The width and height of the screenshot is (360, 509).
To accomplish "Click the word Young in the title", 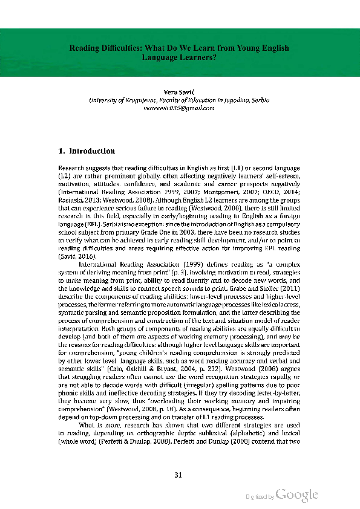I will coord(249,48).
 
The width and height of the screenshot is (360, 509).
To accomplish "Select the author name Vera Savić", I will coord(179,91).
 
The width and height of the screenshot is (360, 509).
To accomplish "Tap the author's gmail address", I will coord(179,108).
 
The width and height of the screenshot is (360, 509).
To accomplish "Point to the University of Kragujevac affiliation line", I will coord(179,99).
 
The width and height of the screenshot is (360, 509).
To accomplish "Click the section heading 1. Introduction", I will coord(86,151).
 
